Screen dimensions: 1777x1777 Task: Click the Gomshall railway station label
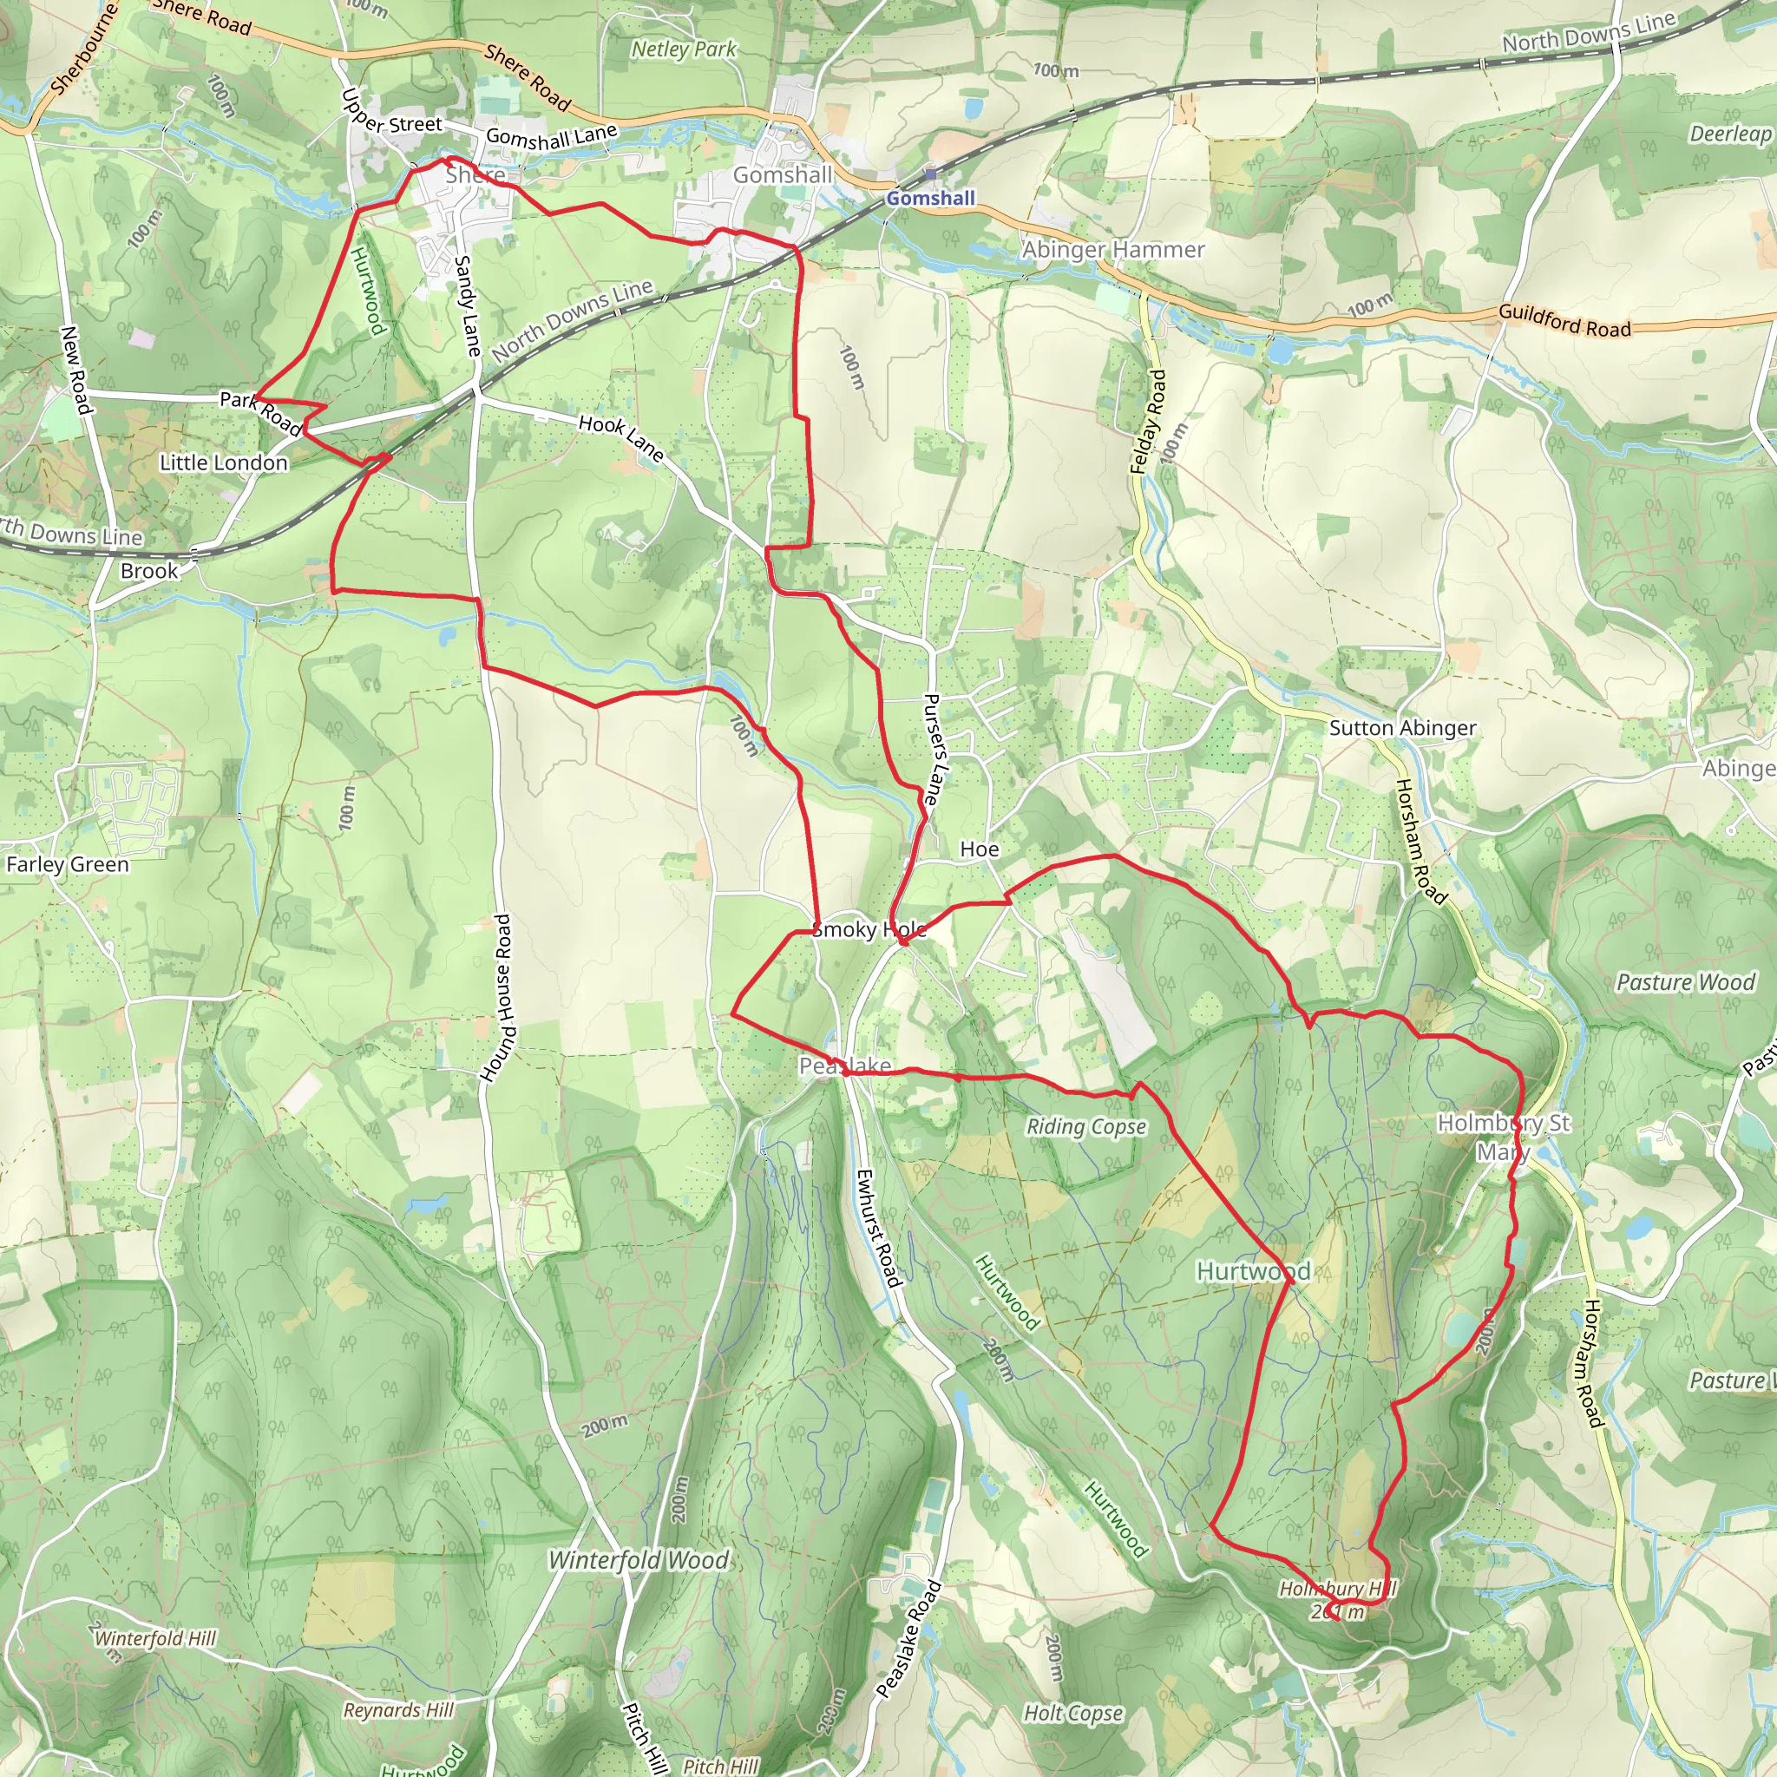(930, 198)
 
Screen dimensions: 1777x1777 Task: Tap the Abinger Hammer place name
(1113, 249)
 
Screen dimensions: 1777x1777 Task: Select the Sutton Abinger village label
(1402, 729)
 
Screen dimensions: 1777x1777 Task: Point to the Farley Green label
(67, 864)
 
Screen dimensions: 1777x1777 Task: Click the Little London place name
(224, 462)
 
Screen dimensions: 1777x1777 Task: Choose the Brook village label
(149, 571)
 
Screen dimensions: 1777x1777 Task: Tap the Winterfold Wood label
(639, 1560)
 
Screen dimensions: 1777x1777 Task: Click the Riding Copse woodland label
(1086, 1127)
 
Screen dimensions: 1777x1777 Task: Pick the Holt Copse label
(1073, 1714)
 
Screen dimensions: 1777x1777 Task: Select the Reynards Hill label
(398, 1710)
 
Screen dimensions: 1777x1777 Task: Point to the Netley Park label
(684, 49)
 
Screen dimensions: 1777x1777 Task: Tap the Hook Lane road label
(621, 437)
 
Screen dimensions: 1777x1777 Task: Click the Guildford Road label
(1564, 320)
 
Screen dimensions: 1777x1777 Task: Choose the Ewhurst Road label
(877, 1227)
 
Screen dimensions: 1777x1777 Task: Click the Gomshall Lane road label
(551, 136)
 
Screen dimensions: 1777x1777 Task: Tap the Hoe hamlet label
(979, 849)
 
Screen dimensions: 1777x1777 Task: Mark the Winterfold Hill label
(154, 1638)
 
